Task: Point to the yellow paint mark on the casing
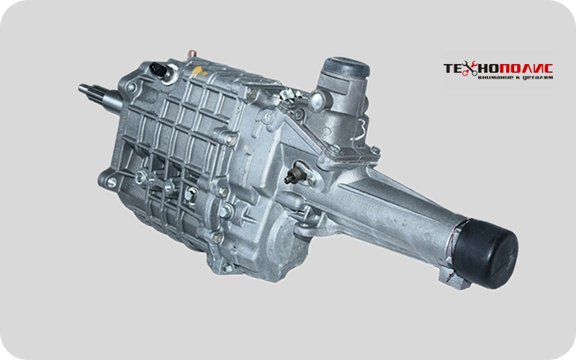[x=199, y=71]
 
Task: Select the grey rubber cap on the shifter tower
[x=346, y=66]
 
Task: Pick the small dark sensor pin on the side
[x=292, y=176]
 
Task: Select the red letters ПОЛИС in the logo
[x=521, y=68]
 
